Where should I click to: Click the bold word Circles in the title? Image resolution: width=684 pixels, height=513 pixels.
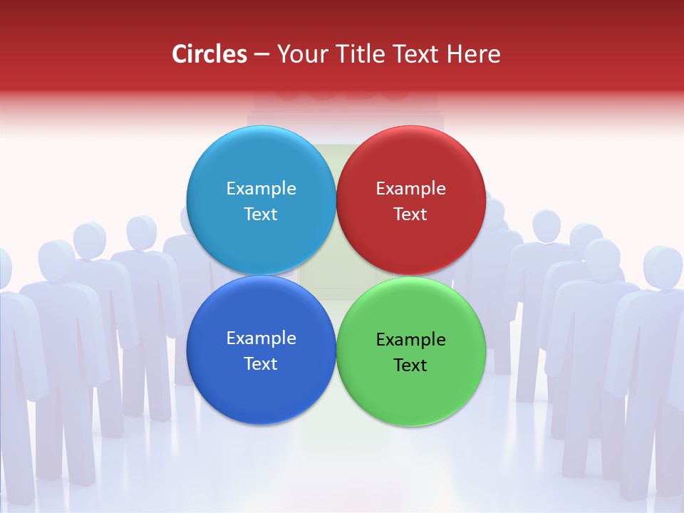[209, 54]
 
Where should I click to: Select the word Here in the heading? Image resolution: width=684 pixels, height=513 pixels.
[475, 54]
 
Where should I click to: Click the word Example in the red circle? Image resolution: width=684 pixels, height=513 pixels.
[411, 188]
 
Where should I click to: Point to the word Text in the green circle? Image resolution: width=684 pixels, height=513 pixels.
[410, 365]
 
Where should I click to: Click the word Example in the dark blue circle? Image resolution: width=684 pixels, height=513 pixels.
[261, 338]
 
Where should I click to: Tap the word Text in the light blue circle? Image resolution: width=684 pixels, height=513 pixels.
[261, 214]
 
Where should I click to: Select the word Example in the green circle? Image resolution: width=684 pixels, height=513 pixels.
[411, 339]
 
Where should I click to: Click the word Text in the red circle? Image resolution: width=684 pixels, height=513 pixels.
[410, 214]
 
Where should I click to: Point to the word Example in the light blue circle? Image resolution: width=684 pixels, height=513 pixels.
[261, 188]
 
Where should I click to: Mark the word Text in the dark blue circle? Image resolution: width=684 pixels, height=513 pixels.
[261, 363]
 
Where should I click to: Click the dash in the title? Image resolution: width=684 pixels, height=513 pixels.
[261, 55]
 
